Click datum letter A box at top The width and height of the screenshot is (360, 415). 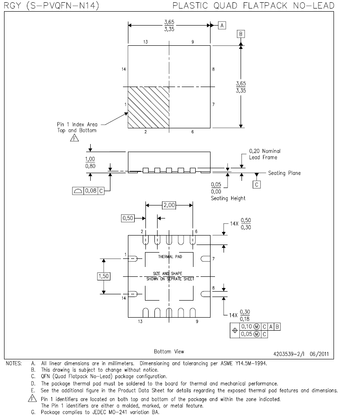click(222, 26)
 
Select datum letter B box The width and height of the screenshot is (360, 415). click(241, 34)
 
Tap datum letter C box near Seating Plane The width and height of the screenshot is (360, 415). click(256, 184)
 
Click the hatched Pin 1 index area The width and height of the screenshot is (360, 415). click(148, 108)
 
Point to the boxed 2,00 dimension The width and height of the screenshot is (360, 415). click(169, 205)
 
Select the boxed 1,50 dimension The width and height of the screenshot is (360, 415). click(104, 276)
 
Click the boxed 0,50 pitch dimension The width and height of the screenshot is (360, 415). click(128, 218)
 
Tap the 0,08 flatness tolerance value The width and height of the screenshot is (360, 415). click(91, 191)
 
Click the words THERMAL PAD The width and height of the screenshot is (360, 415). click(170, 257)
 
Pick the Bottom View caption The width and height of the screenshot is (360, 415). click(169, 351)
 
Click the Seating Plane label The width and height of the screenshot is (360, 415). click(285, 173)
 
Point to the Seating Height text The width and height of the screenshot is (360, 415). click(228, 198)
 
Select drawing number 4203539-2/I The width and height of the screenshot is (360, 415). click(289, 354)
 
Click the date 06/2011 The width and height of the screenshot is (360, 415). click(319, 354)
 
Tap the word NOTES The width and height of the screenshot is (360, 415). click(14, 363)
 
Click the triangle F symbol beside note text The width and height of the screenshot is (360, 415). click(32, 398)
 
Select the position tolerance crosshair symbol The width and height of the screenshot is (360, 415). click(235, 330)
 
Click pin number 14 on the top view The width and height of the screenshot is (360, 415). click(124, 70)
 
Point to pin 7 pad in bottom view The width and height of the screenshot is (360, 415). click(206, 258)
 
